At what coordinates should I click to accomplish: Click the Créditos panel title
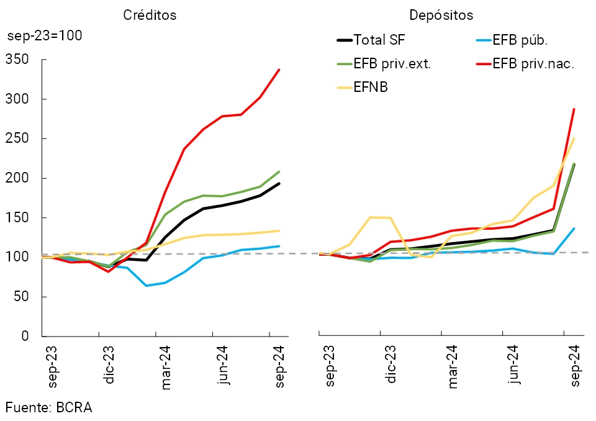point(150,16)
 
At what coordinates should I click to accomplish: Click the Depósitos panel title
point(441,16)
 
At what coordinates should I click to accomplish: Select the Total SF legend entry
point(379,41)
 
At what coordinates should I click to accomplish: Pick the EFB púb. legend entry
point(520,41)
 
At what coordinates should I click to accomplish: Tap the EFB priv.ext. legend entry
point(392,64)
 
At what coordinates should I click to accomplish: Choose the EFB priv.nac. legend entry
point(533,64)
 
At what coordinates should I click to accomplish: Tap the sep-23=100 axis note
point(45,35)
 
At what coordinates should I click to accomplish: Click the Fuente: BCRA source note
point(49,407)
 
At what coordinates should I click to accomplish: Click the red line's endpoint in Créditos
point(279,70)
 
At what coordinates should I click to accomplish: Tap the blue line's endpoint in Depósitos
point(574,229)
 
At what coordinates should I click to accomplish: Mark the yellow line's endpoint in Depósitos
point(574,138)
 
